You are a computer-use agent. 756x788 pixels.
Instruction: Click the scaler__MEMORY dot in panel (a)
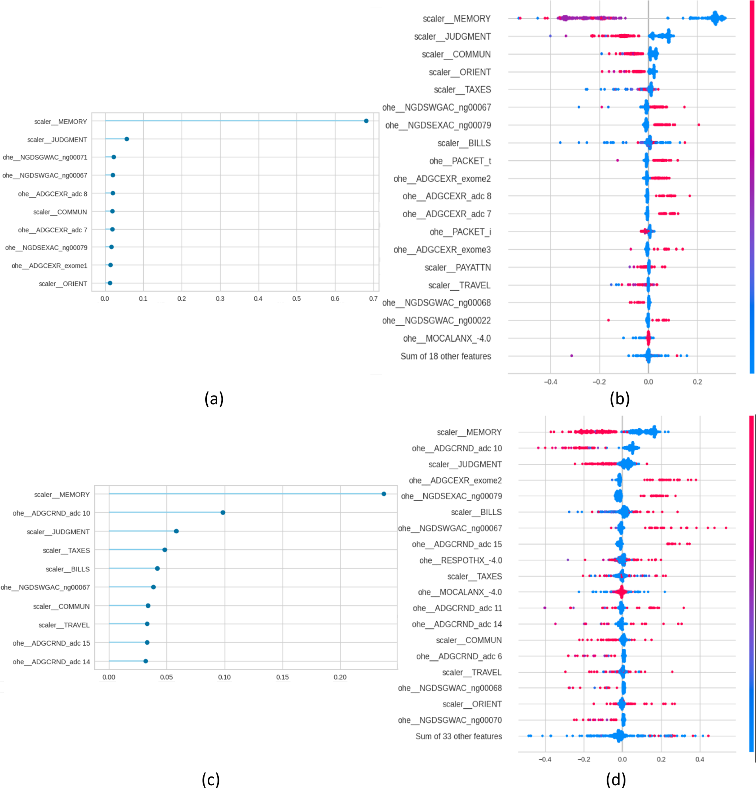coord(366,121)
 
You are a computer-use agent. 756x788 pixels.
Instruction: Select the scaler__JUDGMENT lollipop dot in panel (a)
coord(127,139)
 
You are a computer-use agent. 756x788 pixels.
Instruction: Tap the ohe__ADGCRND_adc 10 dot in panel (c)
coord(223,512)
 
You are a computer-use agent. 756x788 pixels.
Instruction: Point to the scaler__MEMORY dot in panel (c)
coord(384,494)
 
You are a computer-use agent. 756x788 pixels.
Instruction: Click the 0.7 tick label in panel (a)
coord(373,299)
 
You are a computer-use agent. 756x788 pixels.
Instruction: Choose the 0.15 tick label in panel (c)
coord(282,677)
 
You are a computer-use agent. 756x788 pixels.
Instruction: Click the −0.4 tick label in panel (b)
coord(551,382)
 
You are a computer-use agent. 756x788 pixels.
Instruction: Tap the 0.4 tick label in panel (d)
coord(700,759)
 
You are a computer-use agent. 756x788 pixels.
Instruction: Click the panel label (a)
coord(214,399)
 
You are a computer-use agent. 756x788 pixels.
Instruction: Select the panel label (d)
coord(616,780)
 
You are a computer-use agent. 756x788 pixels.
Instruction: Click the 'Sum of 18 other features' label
coord(446,356)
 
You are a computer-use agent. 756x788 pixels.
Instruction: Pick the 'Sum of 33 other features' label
coord(458,736)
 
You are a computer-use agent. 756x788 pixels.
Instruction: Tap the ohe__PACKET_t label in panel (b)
coord(460,161)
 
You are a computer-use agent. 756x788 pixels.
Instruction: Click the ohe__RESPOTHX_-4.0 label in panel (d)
coord(460,560)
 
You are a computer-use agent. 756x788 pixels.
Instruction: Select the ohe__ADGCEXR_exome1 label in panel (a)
coord(49,266)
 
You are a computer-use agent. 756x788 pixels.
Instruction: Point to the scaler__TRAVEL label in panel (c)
coord(64,625)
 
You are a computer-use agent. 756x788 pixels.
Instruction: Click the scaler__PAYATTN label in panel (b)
coord(458,267)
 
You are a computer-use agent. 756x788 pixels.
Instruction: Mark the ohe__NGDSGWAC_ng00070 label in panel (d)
coord(450,720)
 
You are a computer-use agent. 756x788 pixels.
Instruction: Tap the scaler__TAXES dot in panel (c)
coord(164,550)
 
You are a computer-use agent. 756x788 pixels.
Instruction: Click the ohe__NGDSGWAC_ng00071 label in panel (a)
coord(45,157)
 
